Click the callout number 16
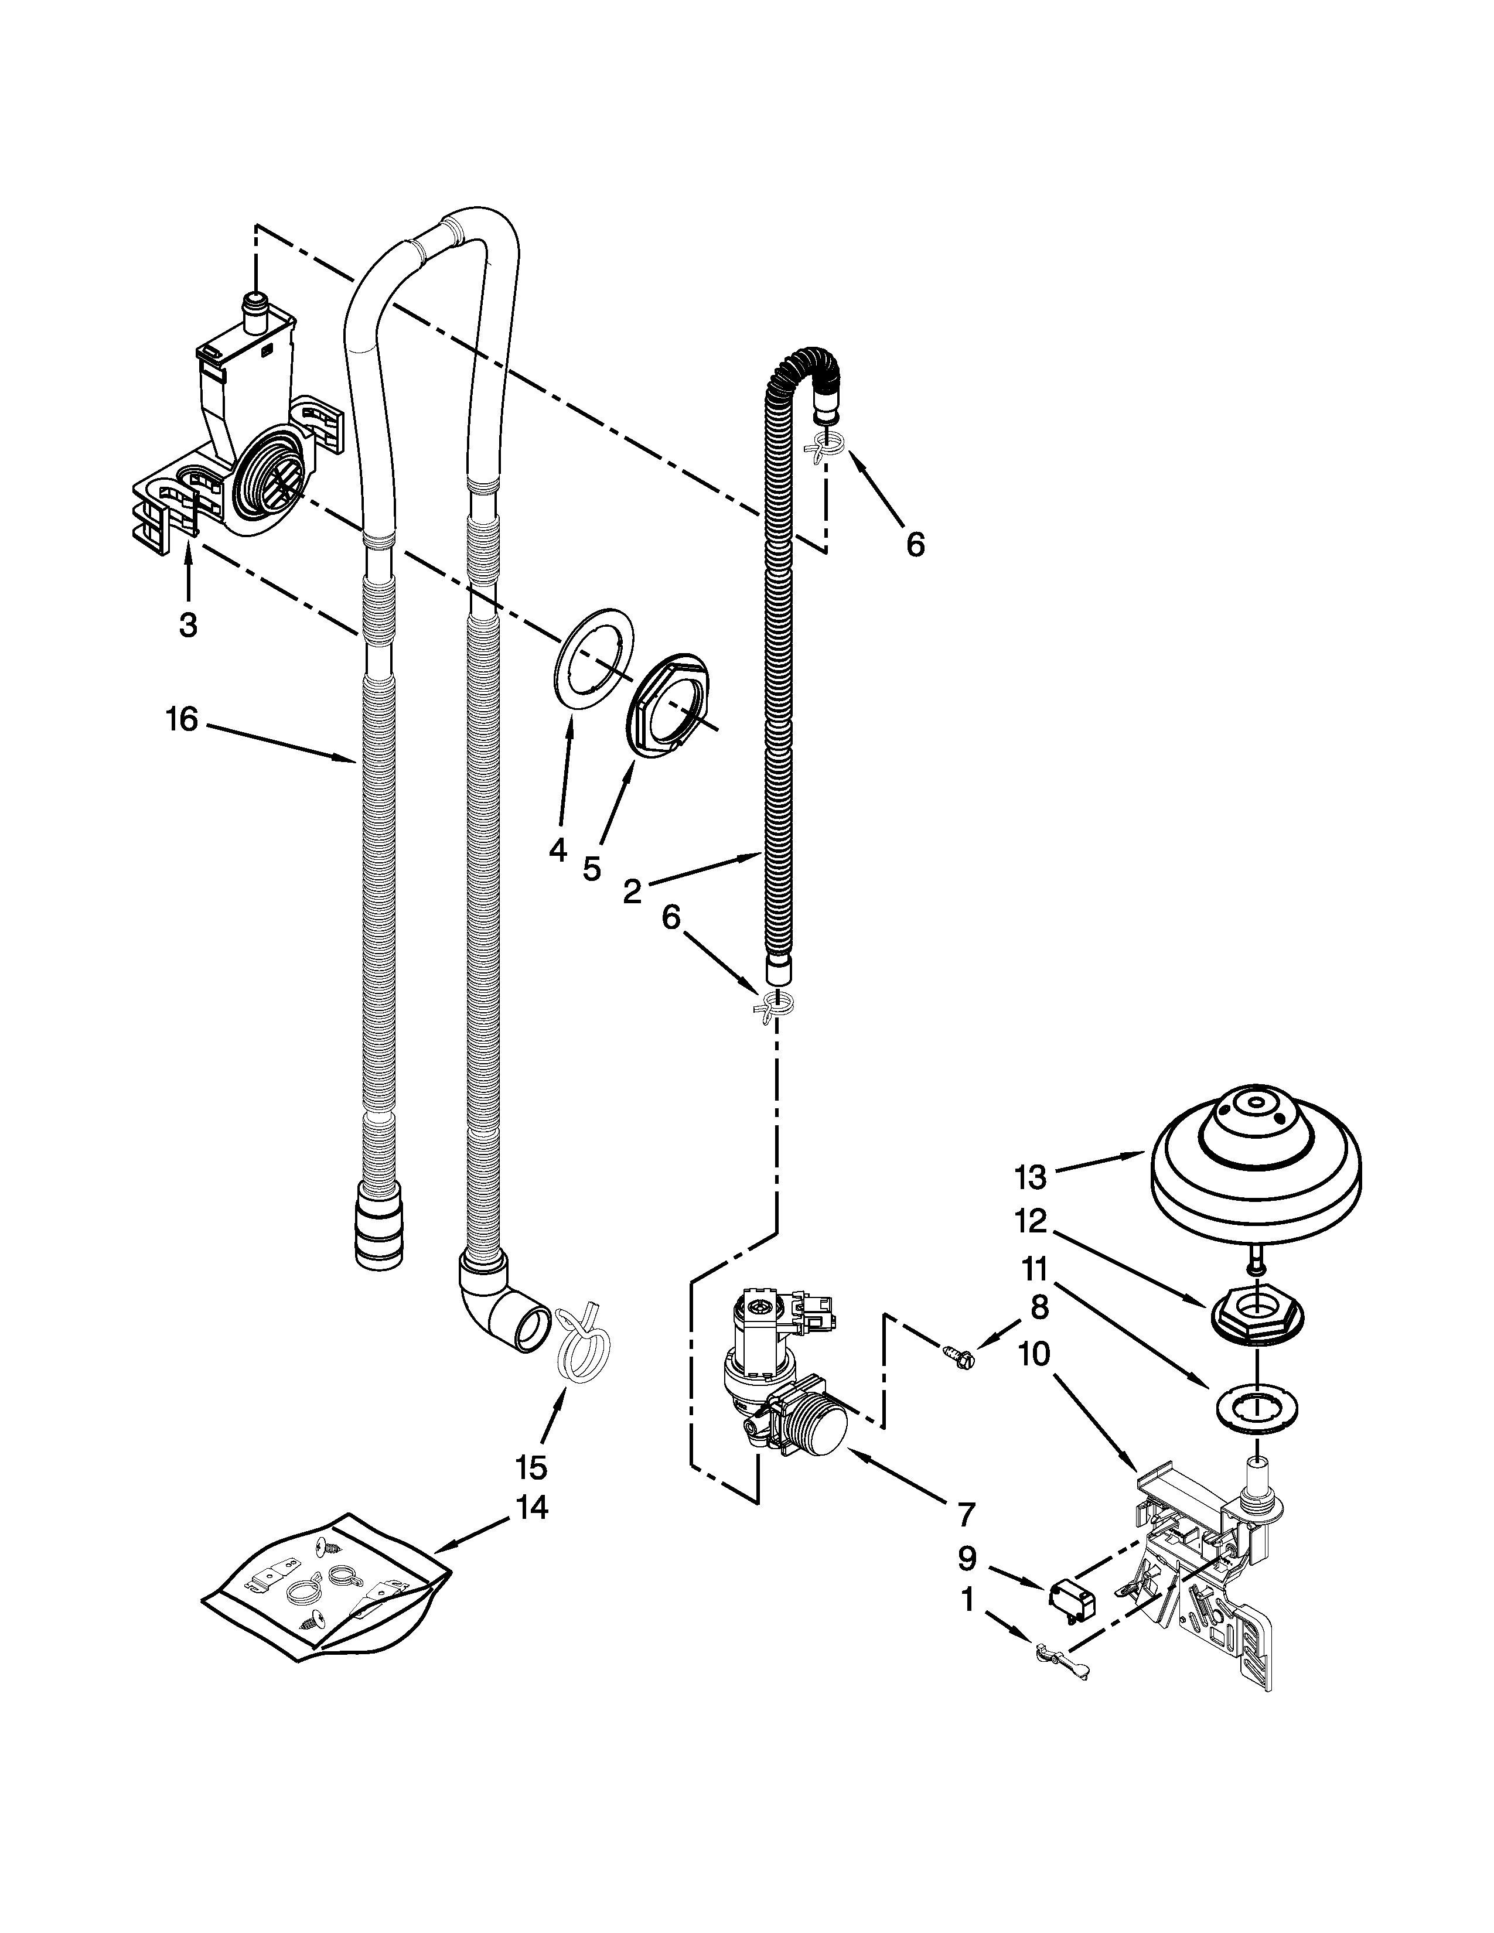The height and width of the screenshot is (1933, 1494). [x=182, y=719]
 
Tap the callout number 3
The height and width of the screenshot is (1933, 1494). [x=187, y=625]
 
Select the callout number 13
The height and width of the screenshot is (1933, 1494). [x=1031, y=1177]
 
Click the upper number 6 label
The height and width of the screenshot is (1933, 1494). [x=915, y=544]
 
